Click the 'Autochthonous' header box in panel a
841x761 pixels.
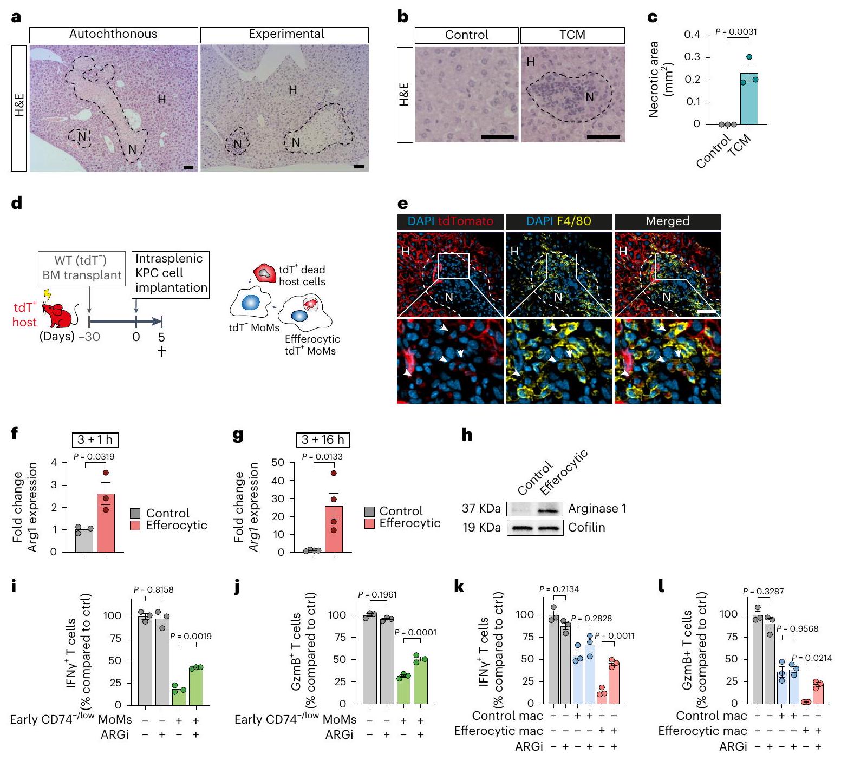tap(113, 35)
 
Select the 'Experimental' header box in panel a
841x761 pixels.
tap(284, 35)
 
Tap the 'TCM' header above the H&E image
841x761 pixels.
tap(572, 35)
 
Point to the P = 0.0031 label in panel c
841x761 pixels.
tap(736, 32)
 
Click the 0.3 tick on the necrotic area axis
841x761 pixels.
tap(692, 57)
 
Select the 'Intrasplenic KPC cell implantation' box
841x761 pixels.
tap(171, 273)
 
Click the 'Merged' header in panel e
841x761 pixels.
tap(667, 221)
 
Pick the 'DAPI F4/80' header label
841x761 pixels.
tap(558, 221)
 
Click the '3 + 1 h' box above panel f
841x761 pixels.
tap(95, 439)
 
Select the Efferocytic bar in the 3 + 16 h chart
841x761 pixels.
tap(334, 530)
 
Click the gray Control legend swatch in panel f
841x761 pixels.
tap(135, 513)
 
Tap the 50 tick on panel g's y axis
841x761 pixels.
tap(278, 462)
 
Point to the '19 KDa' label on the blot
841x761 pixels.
tap(481, 527)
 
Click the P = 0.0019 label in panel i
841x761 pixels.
tap(191, 637)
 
